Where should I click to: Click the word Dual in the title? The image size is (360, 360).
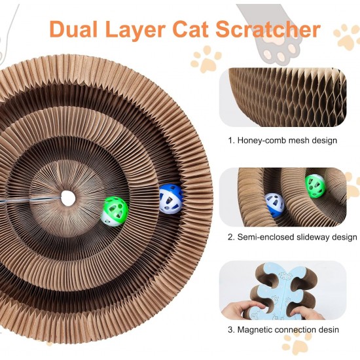[73, 29]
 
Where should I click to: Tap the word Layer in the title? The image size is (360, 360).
[135, 31]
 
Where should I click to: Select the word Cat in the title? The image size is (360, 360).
[190, 29]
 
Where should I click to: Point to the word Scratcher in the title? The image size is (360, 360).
[268, 29]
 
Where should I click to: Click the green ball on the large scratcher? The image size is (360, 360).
[115, 211]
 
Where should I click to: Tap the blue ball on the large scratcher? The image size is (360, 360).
[171, 199]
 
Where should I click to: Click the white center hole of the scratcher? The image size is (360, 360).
[68, 198]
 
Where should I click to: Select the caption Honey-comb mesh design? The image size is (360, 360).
[282, 140]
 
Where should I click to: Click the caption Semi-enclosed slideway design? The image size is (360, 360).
[293, 237]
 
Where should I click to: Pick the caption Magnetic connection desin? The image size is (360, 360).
[283, 330]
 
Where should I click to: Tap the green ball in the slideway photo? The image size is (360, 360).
[315, 186]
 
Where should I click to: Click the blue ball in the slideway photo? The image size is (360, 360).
[275, 205]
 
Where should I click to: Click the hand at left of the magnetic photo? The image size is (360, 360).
[241, 310]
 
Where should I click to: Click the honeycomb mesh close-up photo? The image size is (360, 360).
[283, 97]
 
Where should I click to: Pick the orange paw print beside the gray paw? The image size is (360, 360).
[206, 59]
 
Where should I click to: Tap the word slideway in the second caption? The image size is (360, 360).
[314, 237]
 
